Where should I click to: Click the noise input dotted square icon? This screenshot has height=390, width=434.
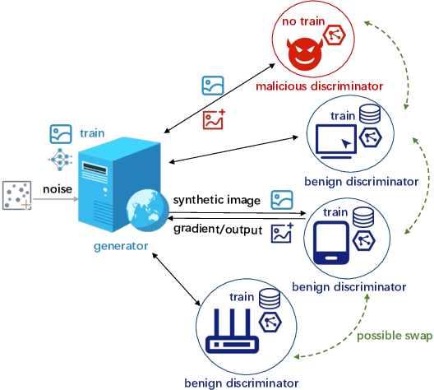click(16, 197)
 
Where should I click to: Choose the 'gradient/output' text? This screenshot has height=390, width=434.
click(218, 230)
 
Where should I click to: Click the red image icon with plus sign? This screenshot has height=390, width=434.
click(214, 121)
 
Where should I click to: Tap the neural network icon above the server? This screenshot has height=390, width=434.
click(61, 158)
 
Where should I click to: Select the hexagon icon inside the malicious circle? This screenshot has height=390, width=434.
click(335, 35)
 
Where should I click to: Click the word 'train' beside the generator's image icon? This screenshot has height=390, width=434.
click(92, 132)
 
